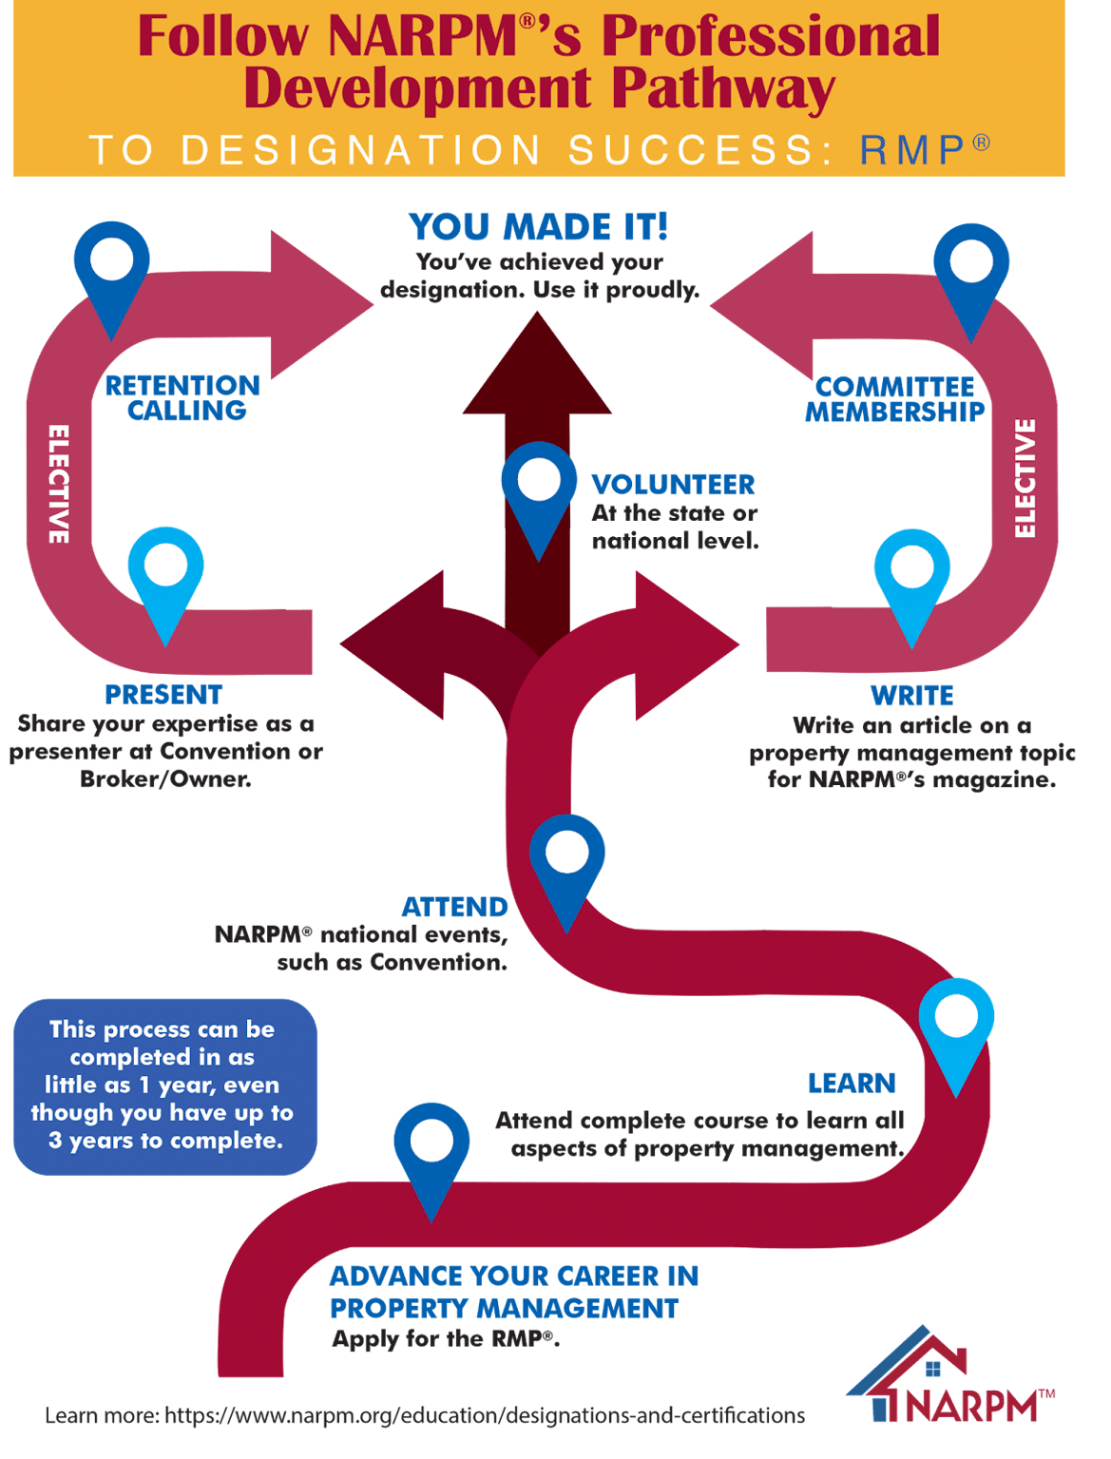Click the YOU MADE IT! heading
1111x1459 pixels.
[x=538, y=227]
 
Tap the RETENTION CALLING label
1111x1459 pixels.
[x=183, y=398]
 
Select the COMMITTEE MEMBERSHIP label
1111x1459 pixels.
[x=894, y=399]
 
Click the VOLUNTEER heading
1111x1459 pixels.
[x=673, y=485]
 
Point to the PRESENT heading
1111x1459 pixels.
[x=163, y=695]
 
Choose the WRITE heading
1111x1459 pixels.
[x=911, y=696]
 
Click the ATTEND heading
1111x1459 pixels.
[x=454, y=907]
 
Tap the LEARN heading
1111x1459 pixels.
[x=852, y=1083]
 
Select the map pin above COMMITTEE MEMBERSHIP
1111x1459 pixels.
[x=970, y=271]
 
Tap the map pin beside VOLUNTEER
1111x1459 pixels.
[x=539, y=490]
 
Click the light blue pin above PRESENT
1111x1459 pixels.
[x=166, y=575]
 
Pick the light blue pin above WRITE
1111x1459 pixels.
[x=912, y=577]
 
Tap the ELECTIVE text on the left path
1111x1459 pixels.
[x=59, y=484]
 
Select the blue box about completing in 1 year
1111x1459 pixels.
[x=164, y=1085]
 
